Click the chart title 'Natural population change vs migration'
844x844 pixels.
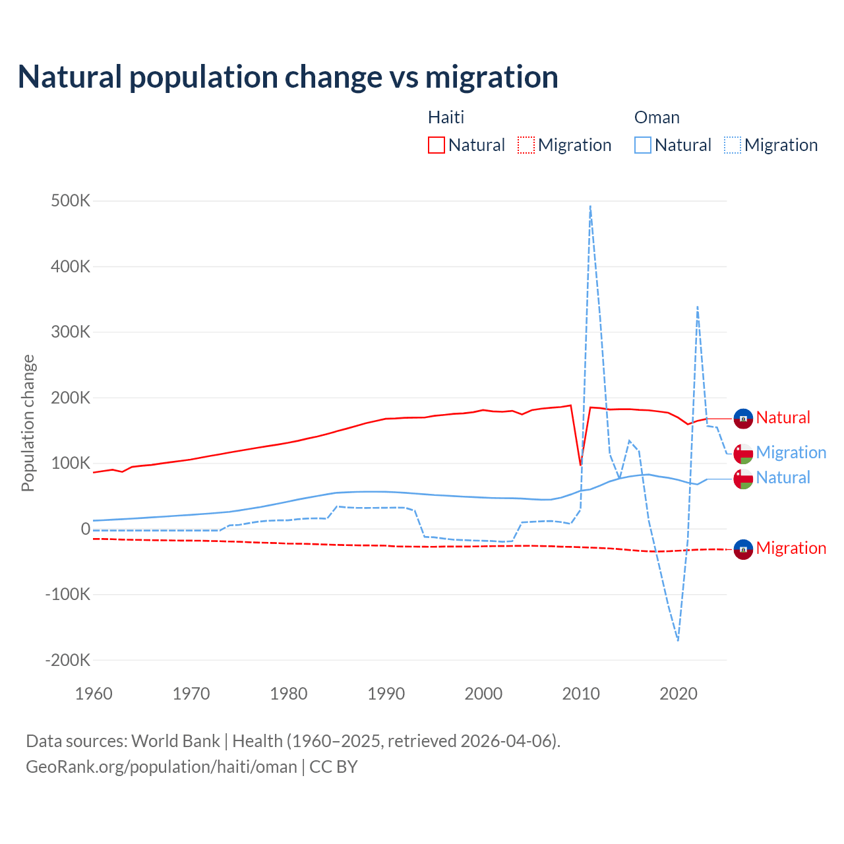pos(288,77)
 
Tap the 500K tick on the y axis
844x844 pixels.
pos(71,201)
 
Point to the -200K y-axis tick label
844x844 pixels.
pos(67,660)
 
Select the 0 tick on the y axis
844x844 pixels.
pos(85,529)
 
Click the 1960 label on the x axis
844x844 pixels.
pos(94,694)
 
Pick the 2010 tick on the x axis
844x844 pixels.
pos(581,694)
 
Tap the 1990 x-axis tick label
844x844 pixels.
pos(386,694)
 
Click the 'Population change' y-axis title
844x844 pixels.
pos(28,423)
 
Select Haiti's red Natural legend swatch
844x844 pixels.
pos(437,145)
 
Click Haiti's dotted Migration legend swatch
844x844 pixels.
pos(526,145)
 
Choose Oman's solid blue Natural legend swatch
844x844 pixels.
pos(643,145)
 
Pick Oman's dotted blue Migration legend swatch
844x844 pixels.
pos(733,145)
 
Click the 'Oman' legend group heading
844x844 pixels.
pos(657,117)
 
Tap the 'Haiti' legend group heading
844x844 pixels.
pos(446,117)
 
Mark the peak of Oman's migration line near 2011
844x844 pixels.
pos(590,206)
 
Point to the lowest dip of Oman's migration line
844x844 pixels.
pos(678,640)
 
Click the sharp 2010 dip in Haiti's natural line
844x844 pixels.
pos(581,465)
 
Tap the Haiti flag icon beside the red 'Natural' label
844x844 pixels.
pos(743,419)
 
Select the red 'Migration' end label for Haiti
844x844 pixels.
pos(791,548)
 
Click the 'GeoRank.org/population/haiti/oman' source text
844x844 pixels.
pos(162,767)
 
